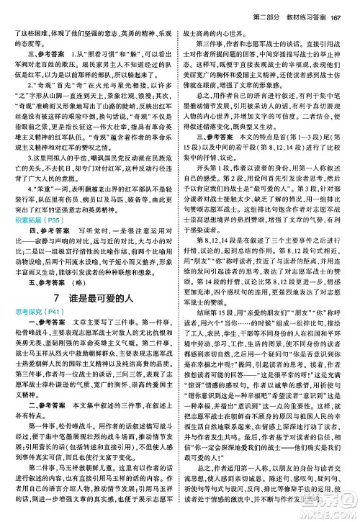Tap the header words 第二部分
[x=256, y=8]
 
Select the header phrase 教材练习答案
[x=302, y=8]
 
